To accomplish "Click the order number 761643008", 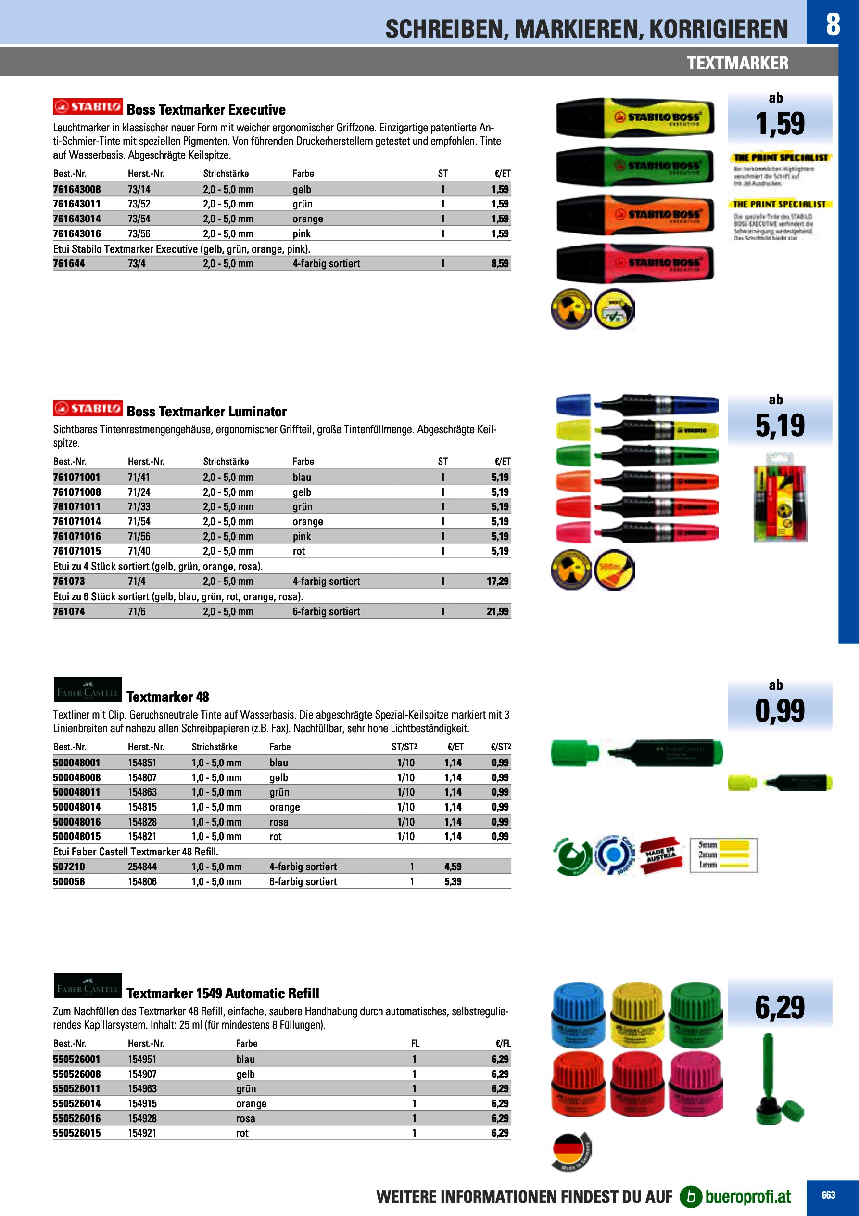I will [77, 190].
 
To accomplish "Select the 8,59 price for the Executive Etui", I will [500, 264].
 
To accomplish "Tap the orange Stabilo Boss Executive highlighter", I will [635, 215].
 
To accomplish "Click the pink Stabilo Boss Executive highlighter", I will [635, 263].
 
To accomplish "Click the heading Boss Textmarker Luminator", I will [206, 412].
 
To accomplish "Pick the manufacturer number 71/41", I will [139, 477].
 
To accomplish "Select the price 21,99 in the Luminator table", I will [497, 612].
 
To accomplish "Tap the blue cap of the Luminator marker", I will [573, 405].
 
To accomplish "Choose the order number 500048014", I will [77, 807].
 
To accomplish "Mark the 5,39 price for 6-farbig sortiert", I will [453, 882].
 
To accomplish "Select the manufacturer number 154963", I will [142, 1089].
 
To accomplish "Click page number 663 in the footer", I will [828, 1195].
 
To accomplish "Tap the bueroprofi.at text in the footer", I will [748, 1196].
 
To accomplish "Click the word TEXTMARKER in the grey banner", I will [737, 63].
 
